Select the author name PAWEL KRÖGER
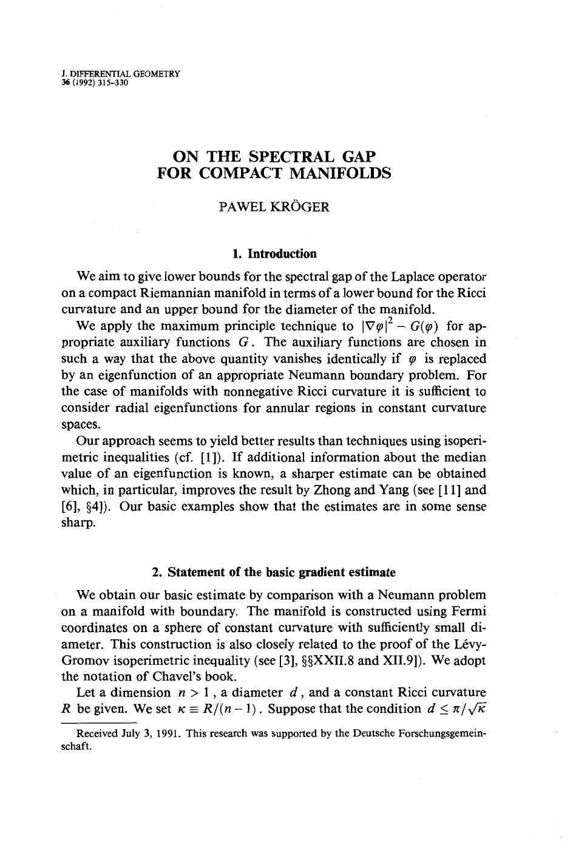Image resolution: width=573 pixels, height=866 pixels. [274, 207]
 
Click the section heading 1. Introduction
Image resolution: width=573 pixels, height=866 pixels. [274, 253]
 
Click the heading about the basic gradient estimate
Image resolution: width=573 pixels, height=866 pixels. [274, 572]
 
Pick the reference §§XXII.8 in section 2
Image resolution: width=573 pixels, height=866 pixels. [328, 660]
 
